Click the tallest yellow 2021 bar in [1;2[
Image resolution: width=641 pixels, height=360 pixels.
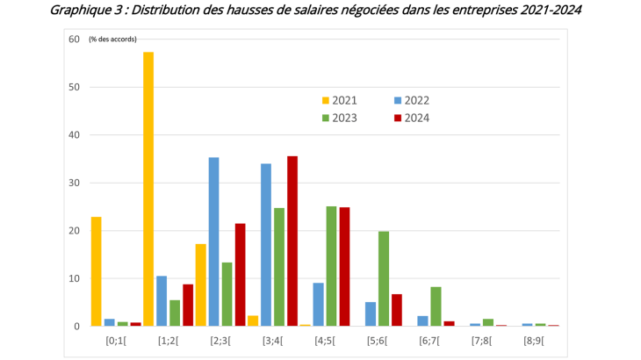pos(148,189)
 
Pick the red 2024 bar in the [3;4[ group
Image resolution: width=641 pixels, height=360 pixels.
pos(292,241)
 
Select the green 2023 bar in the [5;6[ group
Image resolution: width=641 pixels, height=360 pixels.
pos(384,278)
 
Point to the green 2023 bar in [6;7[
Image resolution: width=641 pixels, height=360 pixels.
pos(436,306)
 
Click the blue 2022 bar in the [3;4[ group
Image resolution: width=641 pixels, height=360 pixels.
pos(266,244)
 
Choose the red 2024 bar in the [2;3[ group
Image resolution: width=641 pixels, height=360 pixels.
pos(240,275)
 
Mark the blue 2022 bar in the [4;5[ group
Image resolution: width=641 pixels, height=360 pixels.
pos(318,304)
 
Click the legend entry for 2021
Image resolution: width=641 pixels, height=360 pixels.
pos(344,100)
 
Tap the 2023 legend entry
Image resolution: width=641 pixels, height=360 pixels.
pos(344,118)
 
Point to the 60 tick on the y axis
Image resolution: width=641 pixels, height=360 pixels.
pos(74,40)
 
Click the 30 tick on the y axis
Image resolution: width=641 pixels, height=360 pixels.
pos(74,183)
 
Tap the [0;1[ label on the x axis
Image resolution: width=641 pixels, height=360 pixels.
pos(116,340)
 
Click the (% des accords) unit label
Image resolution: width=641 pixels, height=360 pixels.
pos(112,40)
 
